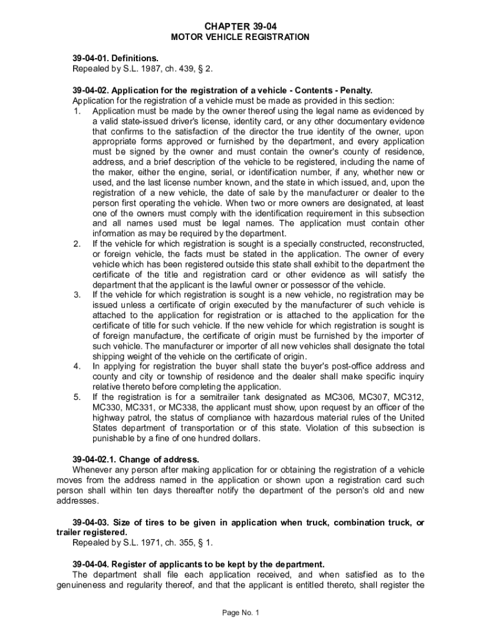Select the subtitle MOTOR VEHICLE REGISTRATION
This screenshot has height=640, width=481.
240,37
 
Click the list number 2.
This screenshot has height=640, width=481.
77,242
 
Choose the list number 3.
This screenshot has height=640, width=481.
77,294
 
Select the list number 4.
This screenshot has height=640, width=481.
77,366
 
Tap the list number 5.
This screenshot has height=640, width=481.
77,396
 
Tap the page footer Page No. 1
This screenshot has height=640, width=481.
240,612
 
